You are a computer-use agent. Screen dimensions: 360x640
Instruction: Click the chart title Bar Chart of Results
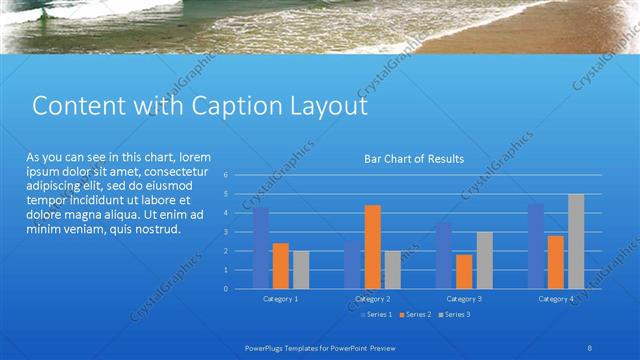pos(412,158)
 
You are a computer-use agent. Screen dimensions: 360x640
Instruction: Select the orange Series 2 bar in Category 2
pos(372,247)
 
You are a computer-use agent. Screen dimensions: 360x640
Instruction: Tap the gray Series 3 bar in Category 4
pos(576,241)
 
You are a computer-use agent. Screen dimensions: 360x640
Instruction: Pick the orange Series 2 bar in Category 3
pos(464,271)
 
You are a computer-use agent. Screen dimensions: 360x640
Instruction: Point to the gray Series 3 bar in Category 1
pos(300,269)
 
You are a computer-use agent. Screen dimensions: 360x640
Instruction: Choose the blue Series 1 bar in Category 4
pos(536,246)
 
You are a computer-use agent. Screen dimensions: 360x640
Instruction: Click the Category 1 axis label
pos(280,299)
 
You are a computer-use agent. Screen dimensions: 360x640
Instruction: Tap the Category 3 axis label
pos(464,299)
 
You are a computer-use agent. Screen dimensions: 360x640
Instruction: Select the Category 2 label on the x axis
pos(372,299)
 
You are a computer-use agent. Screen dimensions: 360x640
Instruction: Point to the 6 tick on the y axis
pos(226,175)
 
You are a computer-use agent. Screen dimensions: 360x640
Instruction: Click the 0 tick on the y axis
pos(226,288)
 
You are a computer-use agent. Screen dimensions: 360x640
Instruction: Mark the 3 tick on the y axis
pos(226,232)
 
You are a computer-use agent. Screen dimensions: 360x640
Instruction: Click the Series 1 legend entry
pos(376,314)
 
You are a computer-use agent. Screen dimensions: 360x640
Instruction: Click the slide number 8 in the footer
pos(591,347)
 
